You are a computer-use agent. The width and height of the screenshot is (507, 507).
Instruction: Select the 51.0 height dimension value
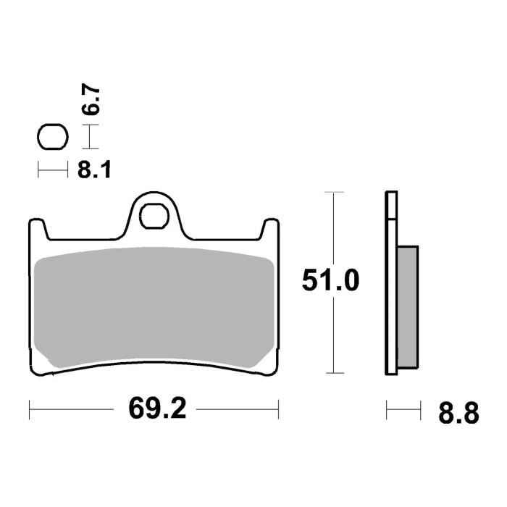[330, 281]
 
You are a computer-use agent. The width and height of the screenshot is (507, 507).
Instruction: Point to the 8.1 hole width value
[93, 171]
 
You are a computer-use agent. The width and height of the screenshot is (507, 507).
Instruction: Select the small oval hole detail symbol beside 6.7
[52, 137]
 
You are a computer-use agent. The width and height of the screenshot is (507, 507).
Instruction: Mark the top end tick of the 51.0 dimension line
[332, 193]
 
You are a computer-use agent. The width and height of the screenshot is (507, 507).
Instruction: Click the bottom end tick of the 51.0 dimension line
[332, 374]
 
